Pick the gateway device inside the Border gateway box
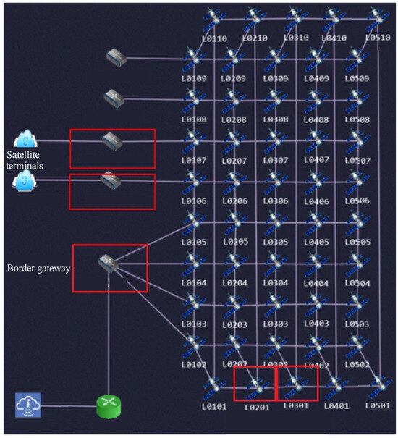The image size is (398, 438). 109,264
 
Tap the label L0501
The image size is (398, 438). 377,407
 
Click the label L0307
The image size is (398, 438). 276,159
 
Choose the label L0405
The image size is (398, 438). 317,242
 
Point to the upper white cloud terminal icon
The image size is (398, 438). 25,138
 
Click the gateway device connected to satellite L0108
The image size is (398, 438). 114,96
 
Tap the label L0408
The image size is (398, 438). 317,119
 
